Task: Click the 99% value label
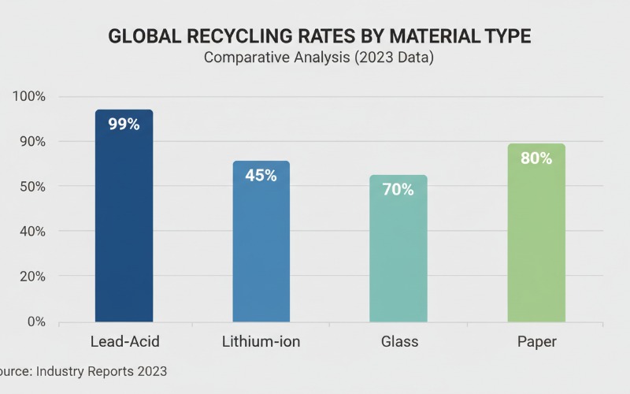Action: (124, 124)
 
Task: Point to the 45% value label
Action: (261, 176)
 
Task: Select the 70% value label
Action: (398, 190)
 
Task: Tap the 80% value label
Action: (536, 158)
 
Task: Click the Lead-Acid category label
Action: (124, 342)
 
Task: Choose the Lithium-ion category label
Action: (261, 342)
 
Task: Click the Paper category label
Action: (536, 342)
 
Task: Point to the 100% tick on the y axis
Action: (30, 97)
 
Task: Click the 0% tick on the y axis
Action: (35, 322)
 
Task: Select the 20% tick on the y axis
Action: (32, 277)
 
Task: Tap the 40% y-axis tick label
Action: (32, 232)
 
